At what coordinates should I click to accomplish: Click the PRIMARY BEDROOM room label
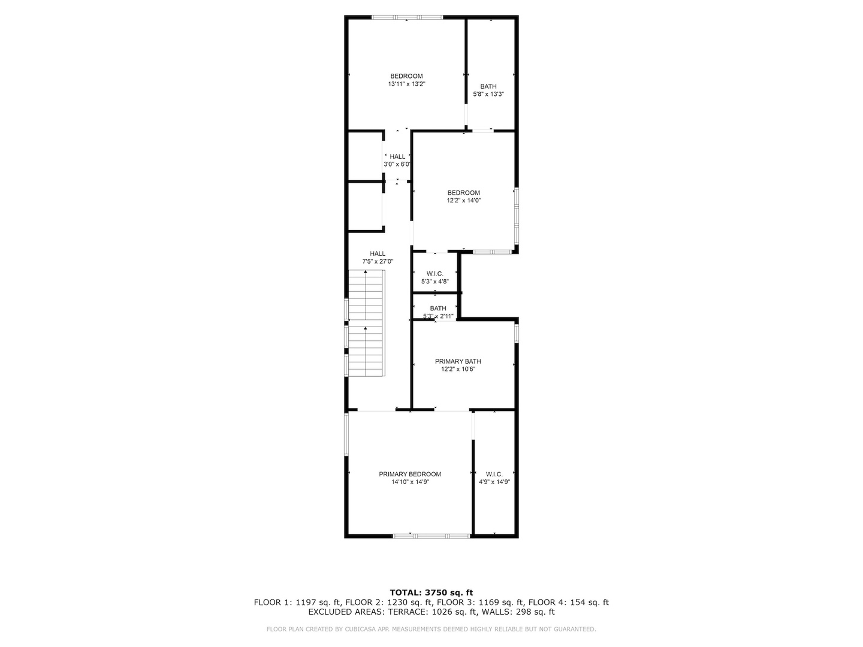pos(410,474)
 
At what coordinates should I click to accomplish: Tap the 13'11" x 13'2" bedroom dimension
pos(406,84)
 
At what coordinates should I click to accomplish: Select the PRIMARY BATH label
pos(458,361)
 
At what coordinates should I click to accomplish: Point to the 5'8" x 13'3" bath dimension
pos(488,94)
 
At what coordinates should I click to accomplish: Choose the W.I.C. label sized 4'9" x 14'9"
pos(494,474)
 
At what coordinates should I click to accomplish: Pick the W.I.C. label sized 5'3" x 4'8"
pos(435,273)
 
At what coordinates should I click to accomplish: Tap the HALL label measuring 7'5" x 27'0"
pos(378,253)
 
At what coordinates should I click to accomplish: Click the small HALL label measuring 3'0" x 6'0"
pos(397,156)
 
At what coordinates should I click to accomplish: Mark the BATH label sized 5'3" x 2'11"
pos(438,309)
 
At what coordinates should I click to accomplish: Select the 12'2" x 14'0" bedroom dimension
pos(464,201)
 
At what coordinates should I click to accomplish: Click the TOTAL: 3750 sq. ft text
pos(431,592)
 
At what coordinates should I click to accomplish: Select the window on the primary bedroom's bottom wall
pos(431,536)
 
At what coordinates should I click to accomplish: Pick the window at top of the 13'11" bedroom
pos(408,17)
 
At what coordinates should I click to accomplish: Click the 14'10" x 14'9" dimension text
pos(410,482)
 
